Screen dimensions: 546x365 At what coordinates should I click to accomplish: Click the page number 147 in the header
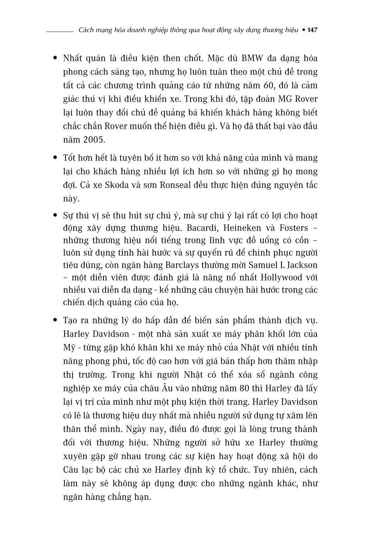312,30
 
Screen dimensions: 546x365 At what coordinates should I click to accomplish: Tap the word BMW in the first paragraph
252,58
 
